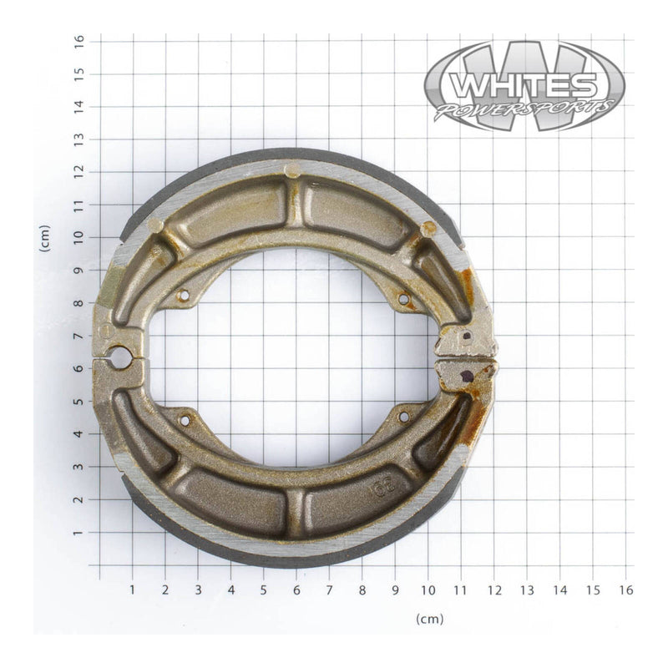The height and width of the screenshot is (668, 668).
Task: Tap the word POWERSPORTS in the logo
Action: [x=524, y=109]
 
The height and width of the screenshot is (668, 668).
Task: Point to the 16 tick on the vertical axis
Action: [x=78, y=40]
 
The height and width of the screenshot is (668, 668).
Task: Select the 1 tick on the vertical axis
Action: [x=78, y=532]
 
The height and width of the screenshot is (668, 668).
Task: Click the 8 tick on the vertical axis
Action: [x=78, y=302]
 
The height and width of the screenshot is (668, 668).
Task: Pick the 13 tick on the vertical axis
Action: [x=78, y=139]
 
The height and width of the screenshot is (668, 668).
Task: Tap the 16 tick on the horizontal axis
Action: [x=625, y=590]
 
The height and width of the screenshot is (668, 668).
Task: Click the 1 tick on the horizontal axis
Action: [x=132, y=590]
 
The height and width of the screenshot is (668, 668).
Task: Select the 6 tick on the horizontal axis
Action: [x=296, y=590]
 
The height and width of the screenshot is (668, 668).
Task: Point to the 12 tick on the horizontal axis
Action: [x=493, y=590]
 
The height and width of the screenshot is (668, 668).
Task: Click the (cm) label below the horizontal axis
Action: [x=429, y=619]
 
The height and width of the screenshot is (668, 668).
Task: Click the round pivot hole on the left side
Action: [x=119, y=358]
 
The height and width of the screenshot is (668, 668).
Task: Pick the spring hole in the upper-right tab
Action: [x=403, y=298]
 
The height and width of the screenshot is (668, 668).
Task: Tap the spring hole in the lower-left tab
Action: [x=184, y=420]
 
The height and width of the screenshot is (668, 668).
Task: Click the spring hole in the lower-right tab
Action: [x=403, y=416]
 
